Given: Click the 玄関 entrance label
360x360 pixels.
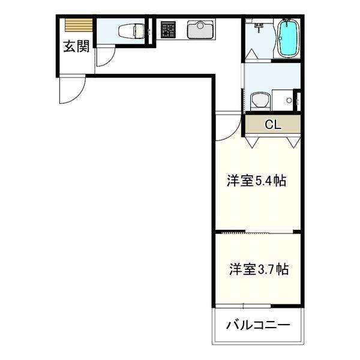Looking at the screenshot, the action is coord(76,47).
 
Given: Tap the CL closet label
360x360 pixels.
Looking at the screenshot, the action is coord(273,125).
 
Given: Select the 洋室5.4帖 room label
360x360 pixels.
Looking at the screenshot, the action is coord(256,181).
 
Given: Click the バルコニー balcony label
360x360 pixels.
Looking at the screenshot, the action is coord(258,325).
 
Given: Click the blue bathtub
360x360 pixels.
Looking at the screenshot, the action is coord(288,38).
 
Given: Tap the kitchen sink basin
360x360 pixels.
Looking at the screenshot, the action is coord(200,29).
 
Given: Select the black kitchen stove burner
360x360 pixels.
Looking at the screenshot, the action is coord(168,29).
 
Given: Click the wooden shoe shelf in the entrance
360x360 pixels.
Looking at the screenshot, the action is coord(79,25).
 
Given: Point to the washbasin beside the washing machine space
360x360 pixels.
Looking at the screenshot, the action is coord(260,101).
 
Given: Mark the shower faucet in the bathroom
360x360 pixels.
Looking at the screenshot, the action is coord(259,26).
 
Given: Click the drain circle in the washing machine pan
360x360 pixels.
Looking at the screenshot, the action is coord(289,100).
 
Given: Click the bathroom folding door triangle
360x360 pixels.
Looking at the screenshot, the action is coord(252,54).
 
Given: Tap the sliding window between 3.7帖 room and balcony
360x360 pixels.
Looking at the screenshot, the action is coord(243,306).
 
